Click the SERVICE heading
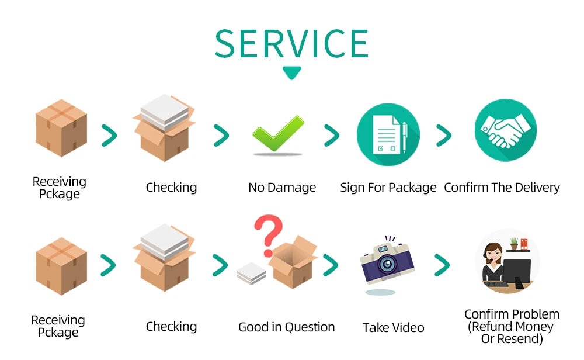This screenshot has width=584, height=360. click(x=291, y=43)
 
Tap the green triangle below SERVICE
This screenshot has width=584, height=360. click(x=291, y=72)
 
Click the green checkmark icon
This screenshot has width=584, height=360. click(x=279, y=136)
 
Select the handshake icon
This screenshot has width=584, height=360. click(x=505, y=131)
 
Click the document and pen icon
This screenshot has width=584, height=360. click(x=388, y=135)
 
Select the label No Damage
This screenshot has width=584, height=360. click(x=282, y=188)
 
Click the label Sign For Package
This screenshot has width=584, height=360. click(x=388, y=188)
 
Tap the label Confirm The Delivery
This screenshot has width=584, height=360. click(x=502, y=188)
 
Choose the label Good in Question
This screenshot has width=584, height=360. click(x=286, y=327)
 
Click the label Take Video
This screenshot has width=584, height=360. click(x=393, y=328)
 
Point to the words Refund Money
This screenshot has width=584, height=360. click(x=510, y=327)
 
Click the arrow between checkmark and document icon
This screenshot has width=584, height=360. click(x=331, y=136)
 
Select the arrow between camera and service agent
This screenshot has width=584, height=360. click(x=442, y=265)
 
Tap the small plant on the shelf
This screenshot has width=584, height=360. click(x=513, y=243)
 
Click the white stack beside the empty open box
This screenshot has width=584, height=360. click(x=252, y=273)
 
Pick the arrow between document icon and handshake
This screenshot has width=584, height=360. click(x=444, y=136)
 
